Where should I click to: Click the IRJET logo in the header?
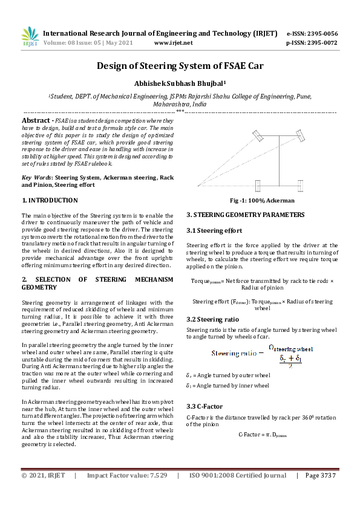click(x=30, y=36)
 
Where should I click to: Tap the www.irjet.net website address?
click(x=174, y=43)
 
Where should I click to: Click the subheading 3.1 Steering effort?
click(x=214, y=230)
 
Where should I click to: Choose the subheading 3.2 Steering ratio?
click(x=212, y=319)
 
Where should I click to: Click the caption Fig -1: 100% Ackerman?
click(x=261, y=200)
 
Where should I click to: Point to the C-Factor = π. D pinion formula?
click(x=262, y=434)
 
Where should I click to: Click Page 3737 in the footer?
click(x=320, y=476)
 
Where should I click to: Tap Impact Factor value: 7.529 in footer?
click(x=126, y=476)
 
